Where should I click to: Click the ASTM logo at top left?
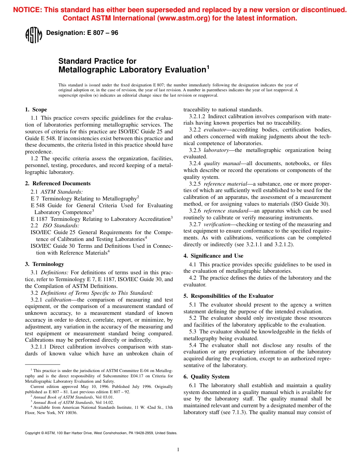pyautogui.click(x=33, y=35)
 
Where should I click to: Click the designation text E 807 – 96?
pyautogui.click(x=82, y=33)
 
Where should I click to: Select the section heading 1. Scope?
pyautogui.click(x=36, y=110)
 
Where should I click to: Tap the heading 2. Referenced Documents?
pyautogui.click(x=58, y=183)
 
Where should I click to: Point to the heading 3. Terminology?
pyautogui.click(x=44, y=264)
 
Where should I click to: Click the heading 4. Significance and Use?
pyautogui.click(x=213, y=256)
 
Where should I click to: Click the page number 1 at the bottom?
pyautogui.click(x=178, y=450)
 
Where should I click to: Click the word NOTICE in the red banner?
pyautogui.click(x=27, y=10)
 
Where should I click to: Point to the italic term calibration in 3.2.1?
pyautogui.click(x=58, y=300)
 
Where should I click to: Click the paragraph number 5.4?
pyautogui.click(x=193, y=345)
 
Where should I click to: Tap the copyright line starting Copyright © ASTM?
pyautogui.click(x=101, y=433)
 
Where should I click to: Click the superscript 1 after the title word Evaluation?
pyautogui.click(x=207, y=68)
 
